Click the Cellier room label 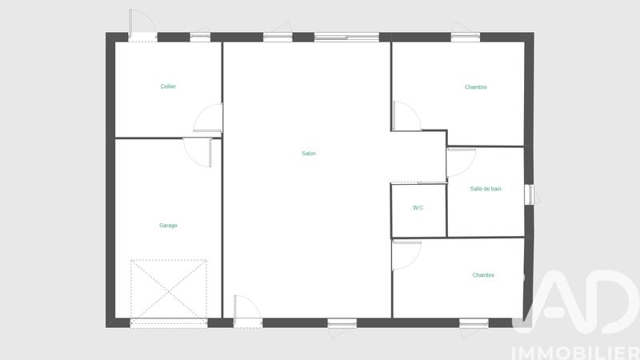tap(168, 86)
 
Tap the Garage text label tap(168, 226)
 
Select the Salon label tap(309, 154)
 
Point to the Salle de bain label tap(486, 189)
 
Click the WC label tap(418, 208)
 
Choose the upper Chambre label tap(476, 87)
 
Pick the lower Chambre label tap(483, 275)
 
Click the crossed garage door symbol tap(168, 288)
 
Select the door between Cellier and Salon tap(210, 118)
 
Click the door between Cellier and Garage tap(198, 150)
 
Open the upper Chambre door tap(406, 116)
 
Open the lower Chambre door tap(406, 254)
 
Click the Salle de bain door tap(460, 163)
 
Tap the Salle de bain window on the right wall tap(529, 194)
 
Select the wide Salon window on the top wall tap(346, 36)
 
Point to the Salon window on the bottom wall tap(342, 323)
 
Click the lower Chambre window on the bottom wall tap(474, 323)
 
